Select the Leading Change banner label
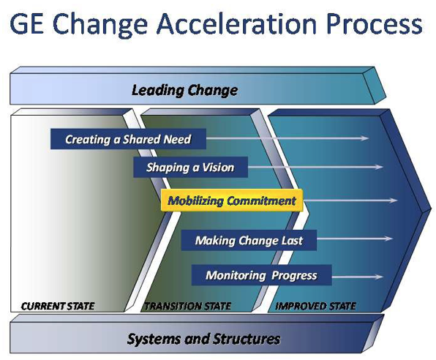click(x=184, y=90)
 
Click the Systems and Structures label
click(x=203, y=339)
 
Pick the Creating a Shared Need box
click(x=128, y=139)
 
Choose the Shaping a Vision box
click(x=190, y=168)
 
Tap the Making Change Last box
click(x=249, y=240)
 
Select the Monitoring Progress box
click(x=261, y=275)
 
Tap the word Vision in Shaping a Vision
click(x=217, y=168)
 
